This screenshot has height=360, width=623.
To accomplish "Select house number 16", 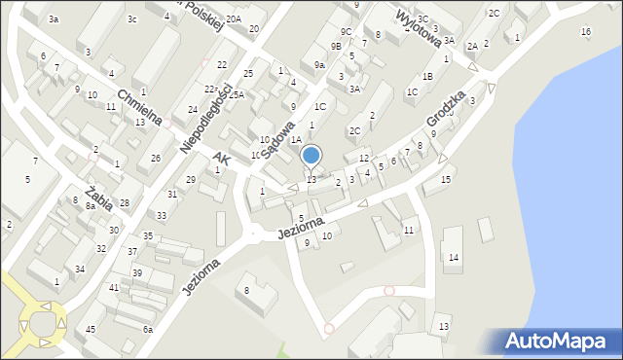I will pyautogui.click(x=585, y=32).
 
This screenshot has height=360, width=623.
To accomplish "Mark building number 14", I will pyautogui.click(x=454, y=258).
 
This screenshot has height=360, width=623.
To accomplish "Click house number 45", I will pyautogui.click(x=91, y=329).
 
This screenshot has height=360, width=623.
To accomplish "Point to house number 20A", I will pyautogui.click(x=234, y=18).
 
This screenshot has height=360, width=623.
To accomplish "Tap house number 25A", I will pyautogui.click(x=237, y=94).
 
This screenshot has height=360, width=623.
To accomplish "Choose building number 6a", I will pyautogui.click(x=148, y=330).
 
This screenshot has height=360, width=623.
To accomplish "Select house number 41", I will pyautogui.click(x=114, y=288).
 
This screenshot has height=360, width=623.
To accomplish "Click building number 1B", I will pyautogui.click(x=427, y=76).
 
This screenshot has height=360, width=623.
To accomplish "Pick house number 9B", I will pyautogui.click(x=336, y=46).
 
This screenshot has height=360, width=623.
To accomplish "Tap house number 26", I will pyautogui.click(x=156, y=158).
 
